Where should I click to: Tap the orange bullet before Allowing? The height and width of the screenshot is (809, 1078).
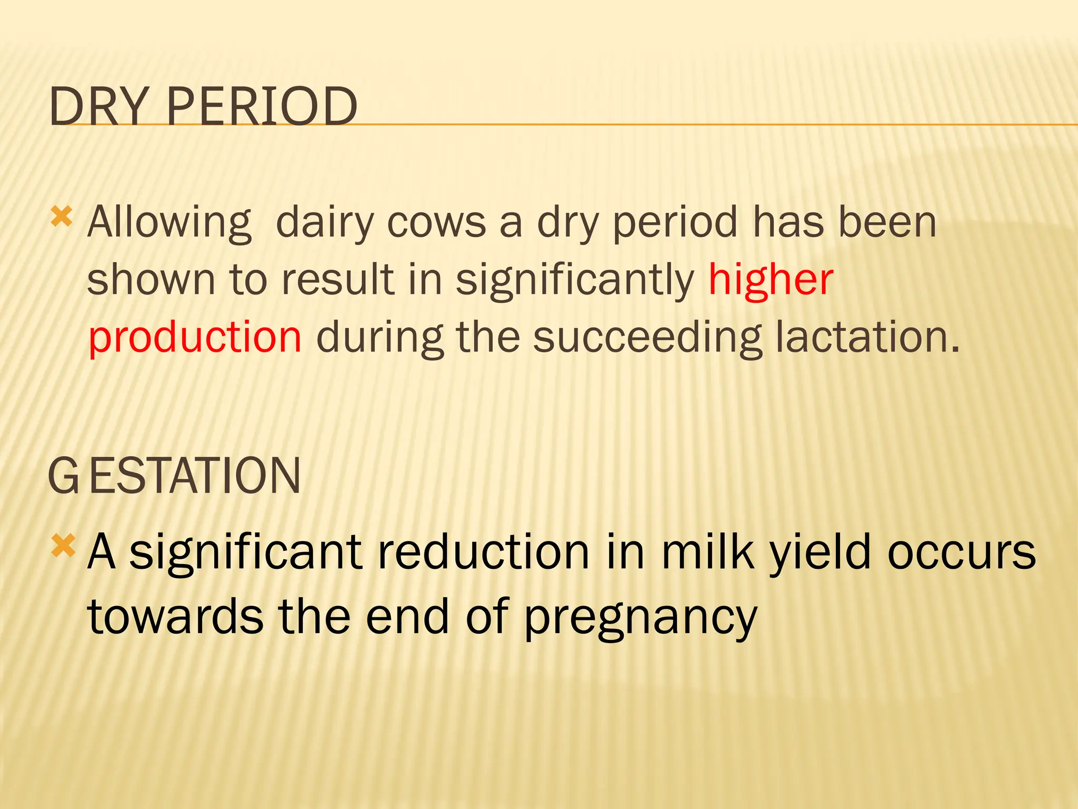click(62, 216)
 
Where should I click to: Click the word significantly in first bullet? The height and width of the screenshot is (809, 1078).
click(575, 280)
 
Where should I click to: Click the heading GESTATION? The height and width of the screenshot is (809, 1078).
click(174, 476)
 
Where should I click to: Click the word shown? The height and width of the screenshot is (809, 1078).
click(151, 280)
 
